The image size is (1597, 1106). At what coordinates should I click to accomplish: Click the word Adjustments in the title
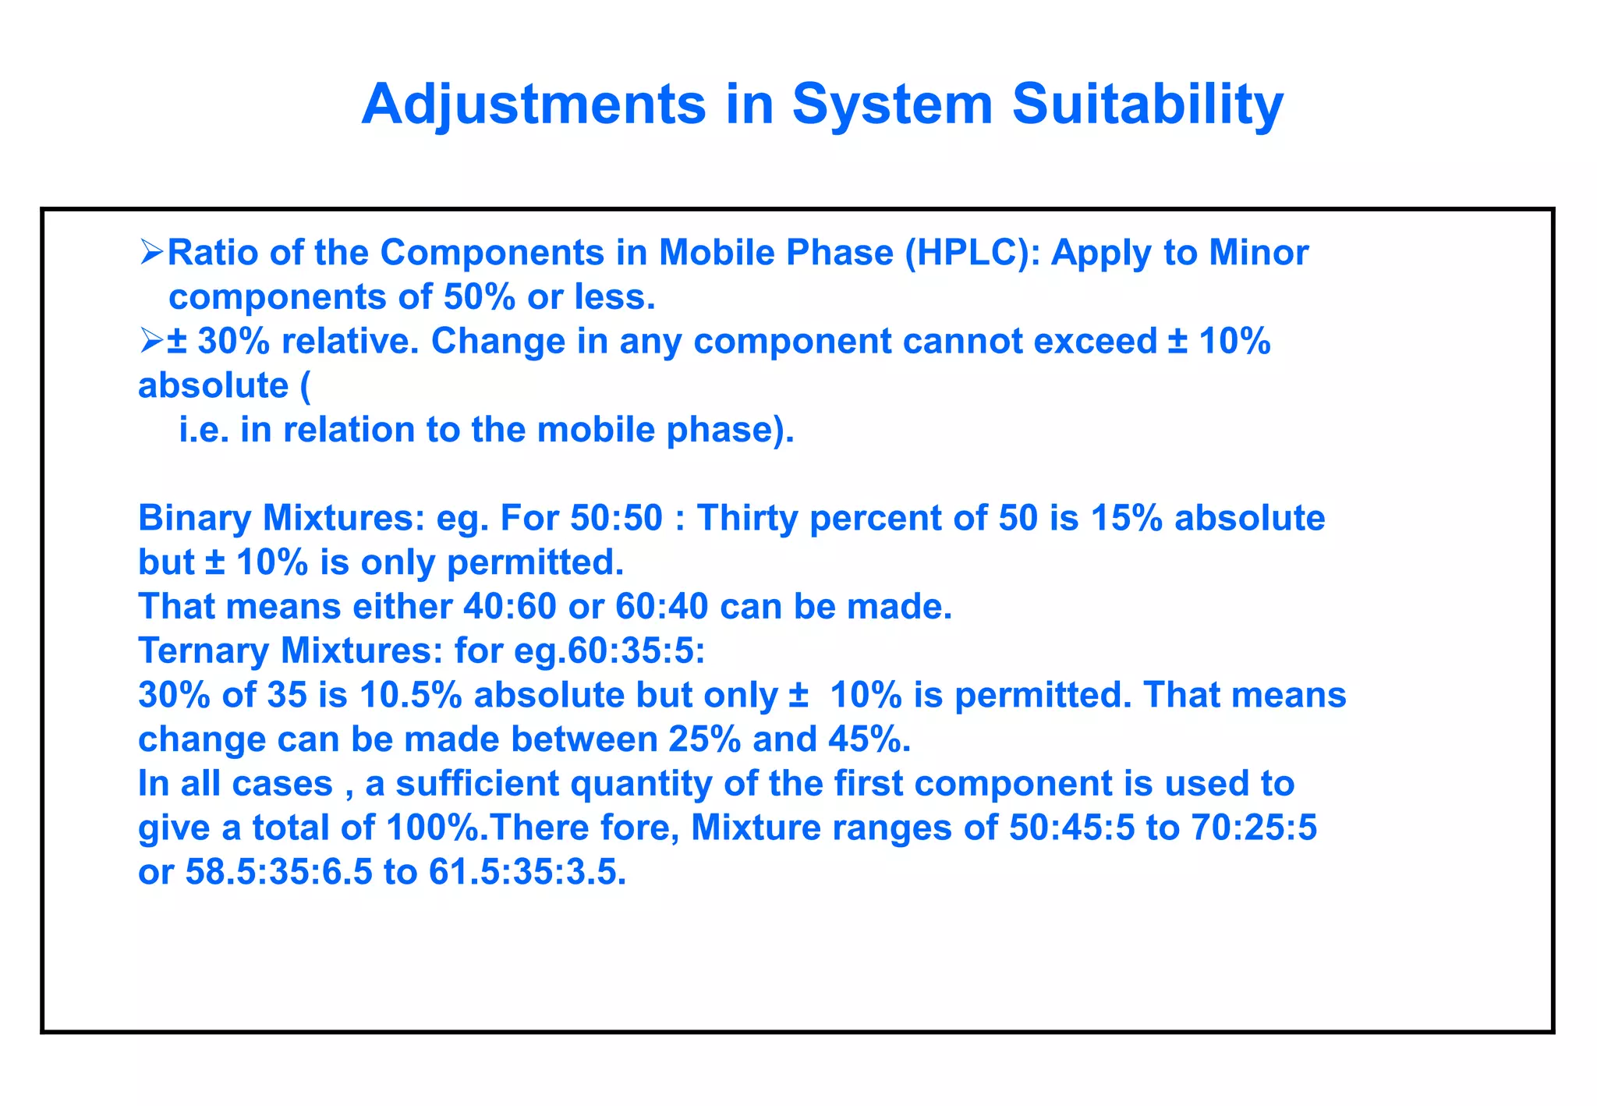534,105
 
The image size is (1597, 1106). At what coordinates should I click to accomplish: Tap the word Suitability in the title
1147,105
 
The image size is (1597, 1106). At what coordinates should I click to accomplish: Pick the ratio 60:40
662,607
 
